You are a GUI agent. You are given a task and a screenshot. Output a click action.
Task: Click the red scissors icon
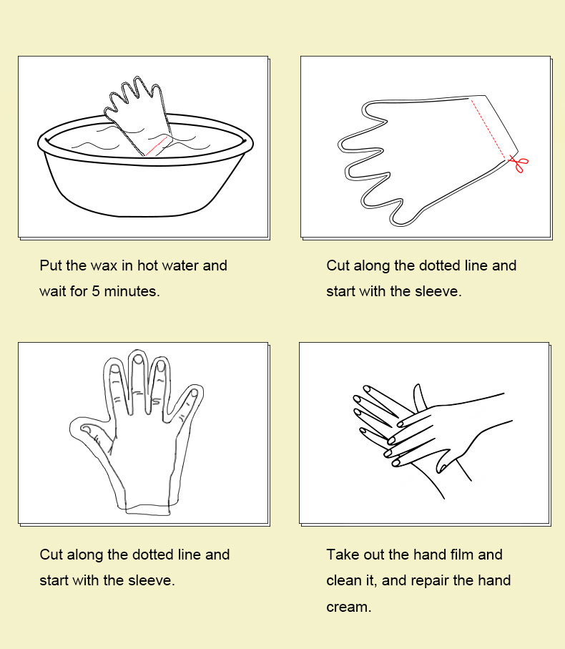point(519,163)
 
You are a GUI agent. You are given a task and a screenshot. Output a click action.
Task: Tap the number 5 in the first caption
point(96,291)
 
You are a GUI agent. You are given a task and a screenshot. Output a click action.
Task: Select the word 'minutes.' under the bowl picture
point(132,291)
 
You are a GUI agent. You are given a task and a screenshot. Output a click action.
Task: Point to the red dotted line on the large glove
point(487,129)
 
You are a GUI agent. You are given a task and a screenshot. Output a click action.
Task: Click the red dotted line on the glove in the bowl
point(157,146)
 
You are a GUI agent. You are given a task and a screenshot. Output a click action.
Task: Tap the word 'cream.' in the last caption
point(349,607)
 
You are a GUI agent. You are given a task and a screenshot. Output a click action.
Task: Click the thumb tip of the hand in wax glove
point(86,429)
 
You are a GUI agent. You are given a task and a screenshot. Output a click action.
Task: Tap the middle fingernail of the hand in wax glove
point(139,359)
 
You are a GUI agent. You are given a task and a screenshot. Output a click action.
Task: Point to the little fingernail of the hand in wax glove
point(193,394)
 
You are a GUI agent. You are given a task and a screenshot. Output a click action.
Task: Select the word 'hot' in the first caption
point(147,265)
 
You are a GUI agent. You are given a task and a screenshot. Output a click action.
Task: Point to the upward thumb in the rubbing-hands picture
point(419,396)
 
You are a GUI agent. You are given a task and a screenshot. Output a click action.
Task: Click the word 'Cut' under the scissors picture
point(338,265)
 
